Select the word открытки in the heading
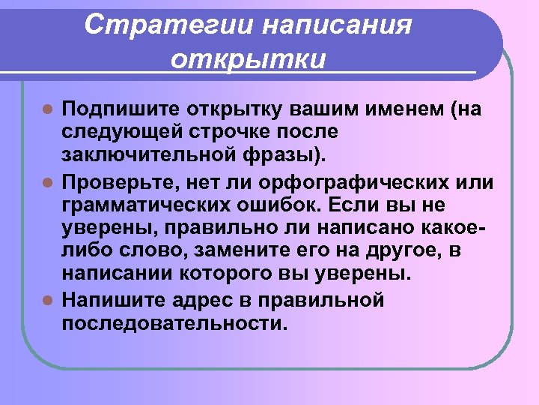248,58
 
